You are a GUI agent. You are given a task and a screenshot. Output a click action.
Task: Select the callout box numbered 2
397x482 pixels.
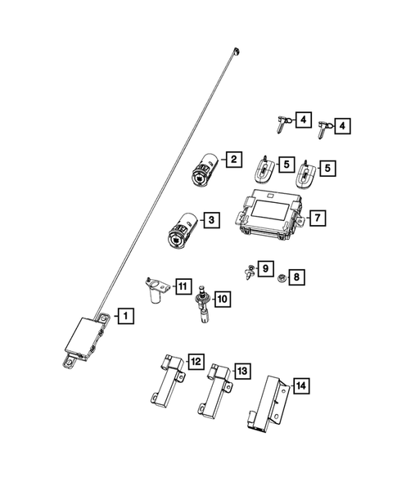pos(233,160)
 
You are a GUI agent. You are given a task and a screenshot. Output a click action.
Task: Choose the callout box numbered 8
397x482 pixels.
pos(296,277)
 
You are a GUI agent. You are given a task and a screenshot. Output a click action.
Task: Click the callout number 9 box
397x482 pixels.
pos(264,268)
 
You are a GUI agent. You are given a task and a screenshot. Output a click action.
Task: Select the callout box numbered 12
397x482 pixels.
pos(195,361)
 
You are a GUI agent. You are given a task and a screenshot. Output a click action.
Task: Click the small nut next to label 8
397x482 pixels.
pos(281,277)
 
